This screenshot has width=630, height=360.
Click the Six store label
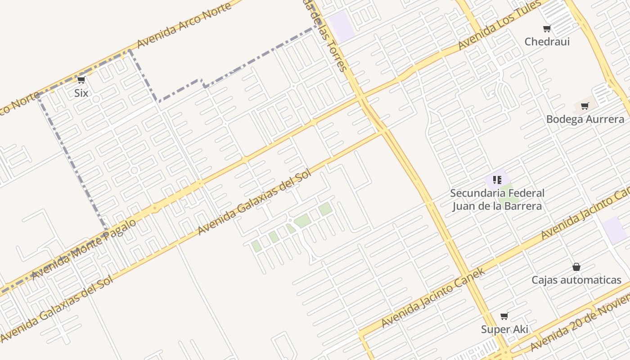81,93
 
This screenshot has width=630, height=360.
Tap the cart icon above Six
81,80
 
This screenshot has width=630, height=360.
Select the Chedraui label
547,42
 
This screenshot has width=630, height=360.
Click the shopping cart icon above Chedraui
547,29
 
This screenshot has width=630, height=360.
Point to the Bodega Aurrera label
585,119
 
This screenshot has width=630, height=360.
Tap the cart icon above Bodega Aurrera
585,106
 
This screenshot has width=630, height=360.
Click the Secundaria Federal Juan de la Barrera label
497,200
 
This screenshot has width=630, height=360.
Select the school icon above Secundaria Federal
497,180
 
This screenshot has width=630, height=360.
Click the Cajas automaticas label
576,280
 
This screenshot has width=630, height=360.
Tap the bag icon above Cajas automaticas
576,267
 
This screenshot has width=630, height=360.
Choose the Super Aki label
504,329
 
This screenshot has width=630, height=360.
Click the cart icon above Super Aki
504,316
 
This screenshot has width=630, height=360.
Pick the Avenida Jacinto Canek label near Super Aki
433,297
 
